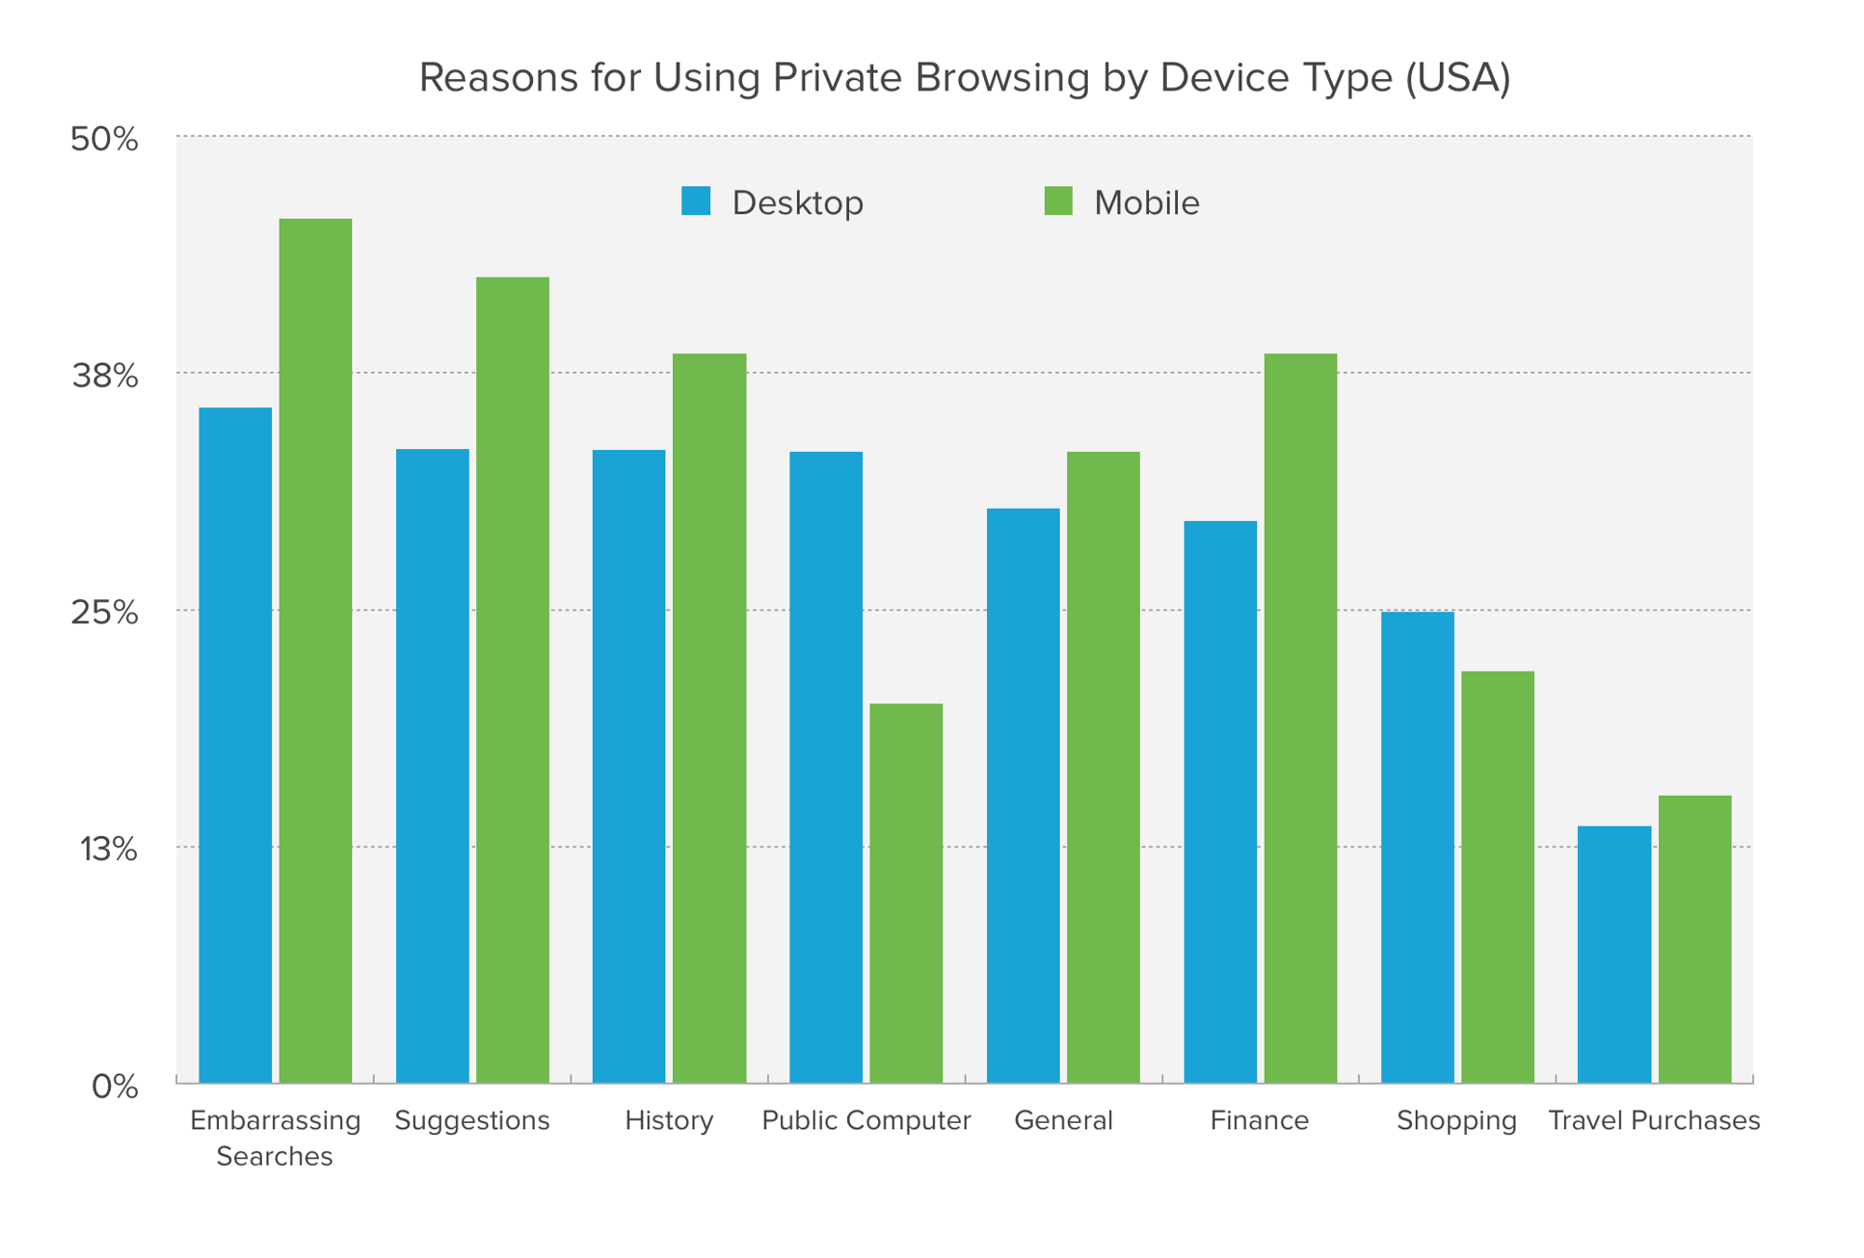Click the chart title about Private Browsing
pos(964,77)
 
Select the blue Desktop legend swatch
pos(695,201)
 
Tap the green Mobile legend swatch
pos(1058,201)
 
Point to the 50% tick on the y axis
pos(104,140)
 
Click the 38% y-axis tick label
pos(104,376)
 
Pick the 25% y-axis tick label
pos(104,613)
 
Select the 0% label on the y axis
pos(115,1087)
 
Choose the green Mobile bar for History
pos(709,718)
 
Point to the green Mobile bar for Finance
pos(1300,718)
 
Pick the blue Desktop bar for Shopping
pos(1417,847)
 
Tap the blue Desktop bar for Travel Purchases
pos(1614,954)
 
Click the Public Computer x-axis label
pos(866,1120)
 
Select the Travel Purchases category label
pos(1653,1120)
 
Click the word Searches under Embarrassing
pos(274,1156)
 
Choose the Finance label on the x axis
pos(1259,1120)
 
